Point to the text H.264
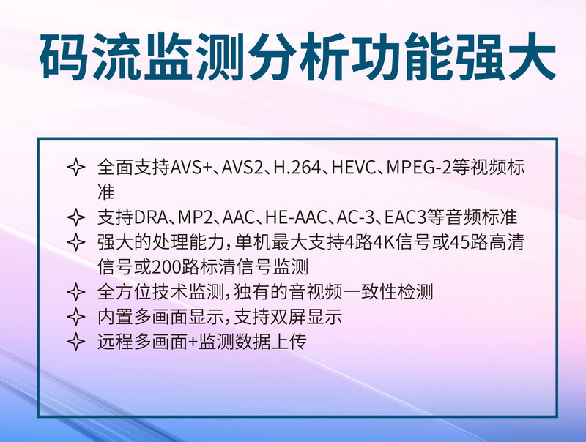(297, 168)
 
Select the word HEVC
(353, 168)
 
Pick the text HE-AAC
(296, 217)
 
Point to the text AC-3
(355, 217)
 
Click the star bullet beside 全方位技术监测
(76, 292)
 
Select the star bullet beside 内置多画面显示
(76, 317)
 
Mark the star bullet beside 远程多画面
(76, 341)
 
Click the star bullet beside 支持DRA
(76, 217)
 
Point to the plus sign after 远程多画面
(193, 342)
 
